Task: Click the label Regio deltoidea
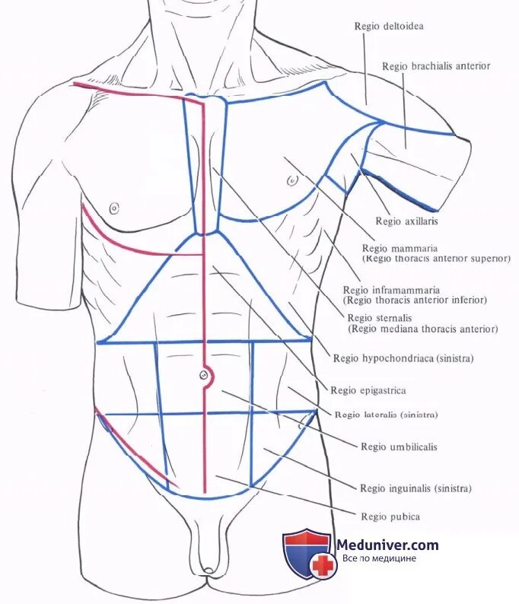coord(389,27)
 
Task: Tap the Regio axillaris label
coord(406,222)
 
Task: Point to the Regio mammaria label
coord(389,249)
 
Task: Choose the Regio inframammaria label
coord(390,291)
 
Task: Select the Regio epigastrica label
coord(368,391)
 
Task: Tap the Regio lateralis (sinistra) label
coord(386,415)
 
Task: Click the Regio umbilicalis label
coord(399,447)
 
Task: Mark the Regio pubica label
coord(390,517)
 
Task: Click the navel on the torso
coord(203,374)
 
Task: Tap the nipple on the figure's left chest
coord(292,180)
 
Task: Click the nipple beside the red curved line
coord(114,206)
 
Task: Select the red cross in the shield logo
coord(323,564)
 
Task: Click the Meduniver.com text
coord(387,545)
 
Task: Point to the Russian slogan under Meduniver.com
coord(379,558)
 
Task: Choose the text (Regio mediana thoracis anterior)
coord(422,329)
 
